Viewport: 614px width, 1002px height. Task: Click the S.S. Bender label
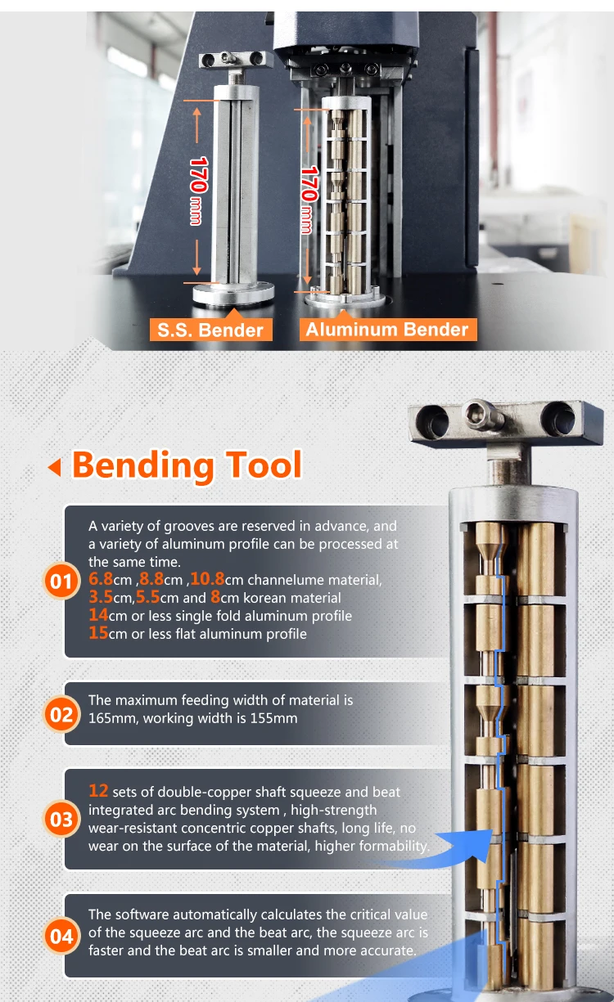(x=210, y=330)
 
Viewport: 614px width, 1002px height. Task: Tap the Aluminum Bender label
(x=386, y=329)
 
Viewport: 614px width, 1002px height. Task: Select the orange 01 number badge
(x=61, y=582)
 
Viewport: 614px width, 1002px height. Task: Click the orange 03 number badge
(x=61, y=820)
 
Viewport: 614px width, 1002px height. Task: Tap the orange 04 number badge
(x=61, y=937)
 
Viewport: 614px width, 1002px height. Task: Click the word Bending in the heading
(x=143, y=465)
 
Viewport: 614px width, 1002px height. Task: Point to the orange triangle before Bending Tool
(x=55, y=468)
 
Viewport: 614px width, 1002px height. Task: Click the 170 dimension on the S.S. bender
(x=197, y=174)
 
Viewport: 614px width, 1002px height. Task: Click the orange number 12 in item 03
(x=98, y=791)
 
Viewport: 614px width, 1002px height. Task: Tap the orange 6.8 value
(x=102, y=580)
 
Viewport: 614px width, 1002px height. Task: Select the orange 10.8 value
(x=207, y=580)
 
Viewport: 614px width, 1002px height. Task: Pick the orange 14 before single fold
(x=98, y=615)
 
